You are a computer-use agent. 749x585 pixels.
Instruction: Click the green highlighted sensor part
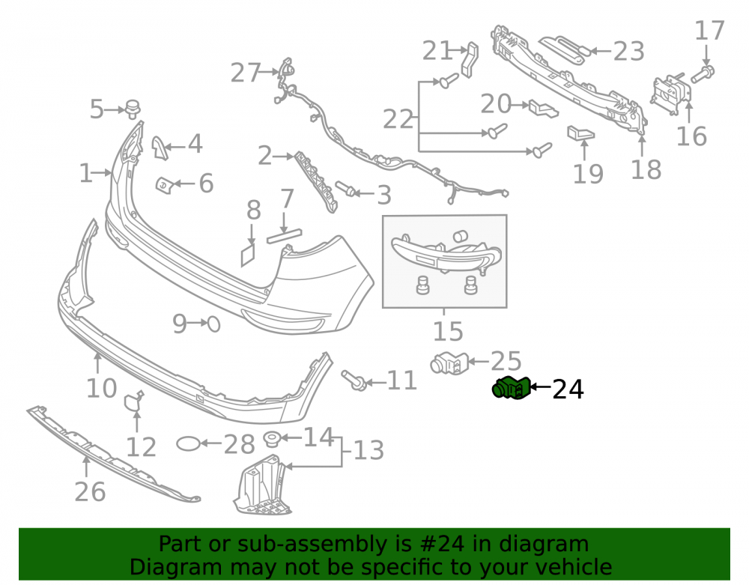512,388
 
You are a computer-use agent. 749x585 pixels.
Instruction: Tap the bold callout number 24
568,390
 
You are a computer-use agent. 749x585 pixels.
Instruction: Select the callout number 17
709,31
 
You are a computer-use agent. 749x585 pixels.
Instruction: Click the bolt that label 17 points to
703,74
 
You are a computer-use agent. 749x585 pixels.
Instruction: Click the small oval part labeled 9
213,324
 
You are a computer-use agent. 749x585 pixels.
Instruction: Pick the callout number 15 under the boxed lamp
448,331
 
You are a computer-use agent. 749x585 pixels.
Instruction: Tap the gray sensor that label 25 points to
449,363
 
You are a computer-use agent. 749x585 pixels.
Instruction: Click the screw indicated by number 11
354,380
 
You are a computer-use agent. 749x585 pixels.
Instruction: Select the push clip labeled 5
133,109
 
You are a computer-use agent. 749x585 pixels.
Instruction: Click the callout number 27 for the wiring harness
246,73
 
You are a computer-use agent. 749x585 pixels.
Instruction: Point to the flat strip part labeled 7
284,236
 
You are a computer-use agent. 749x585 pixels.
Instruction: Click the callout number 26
91,492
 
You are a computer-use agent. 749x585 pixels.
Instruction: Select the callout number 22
398,119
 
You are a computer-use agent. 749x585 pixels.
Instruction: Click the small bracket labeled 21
470,59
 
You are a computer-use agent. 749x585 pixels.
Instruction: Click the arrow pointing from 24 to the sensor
541,387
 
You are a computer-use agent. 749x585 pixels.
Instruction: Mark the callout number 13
369,450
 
